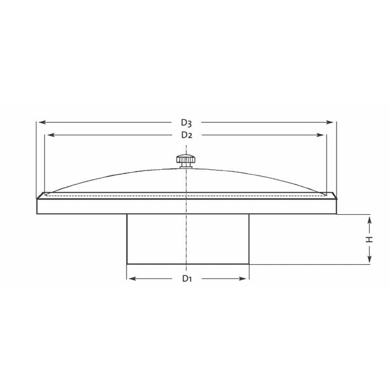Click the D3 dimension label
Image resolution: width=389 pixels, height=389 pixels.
tap(186, 122)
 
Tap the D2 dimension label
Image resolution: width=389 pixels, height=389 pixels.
tap(186, 135)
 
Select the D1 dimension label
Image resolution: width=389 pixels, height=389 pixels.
tap(187, 278)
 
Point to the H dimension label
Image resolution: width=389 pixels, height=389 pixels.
tap(369, 240)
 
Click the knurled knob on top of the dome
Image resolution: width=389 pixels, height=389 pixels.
tap(186, 162)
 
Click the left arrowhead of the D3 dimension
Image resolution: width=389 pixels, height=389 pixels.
tap(42, 122)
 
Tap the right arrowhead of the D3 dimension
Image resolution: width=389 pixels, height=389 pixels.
tap(330, 122)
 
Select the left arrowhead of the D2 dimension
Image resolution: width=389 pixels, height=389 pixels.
tap(51, 135)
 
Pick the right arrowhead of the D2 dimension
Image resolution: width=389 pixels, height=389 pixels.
tap(320, 135)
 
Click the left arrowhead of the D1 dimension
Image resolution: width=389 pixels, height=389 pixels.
tap(133, 278)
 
